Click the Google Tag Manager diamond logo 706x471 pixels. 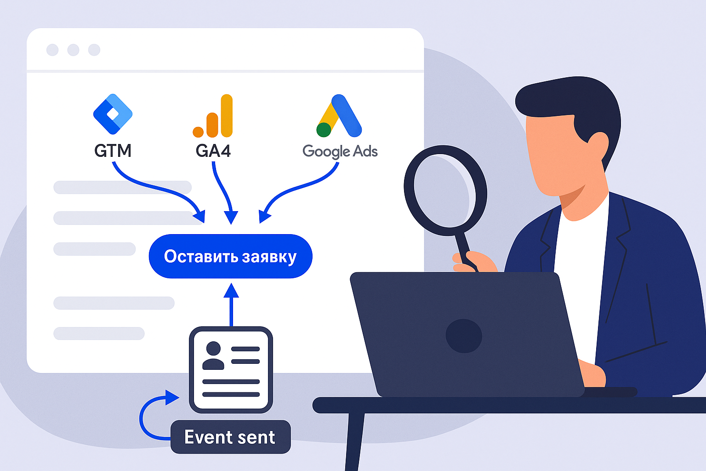(x=113, y=114)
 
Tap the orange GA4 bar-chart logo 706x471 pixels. (x=213, y=116)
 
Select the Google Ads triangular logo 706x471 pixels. (x=339, y=116)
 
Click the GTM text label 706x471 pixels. (x=113, y=151)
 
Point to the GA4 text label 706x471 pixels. (x=213, y=151)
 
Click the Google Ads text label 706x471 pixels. (x=340, y=151)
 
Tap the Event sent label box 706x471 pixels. (x=230, y=437)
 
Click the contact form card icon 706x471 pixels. (x=231, y=370)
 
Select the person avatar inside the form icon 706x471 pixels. (x=213, y=355)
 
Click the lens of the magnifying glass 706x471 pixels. (x=445, y=190)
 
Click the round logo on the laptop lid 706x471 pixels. (x=464, y=336)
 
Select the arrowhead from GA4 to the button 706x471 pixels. (x=231, y=217)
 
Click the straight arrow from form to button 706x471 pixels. (x=231, y=305)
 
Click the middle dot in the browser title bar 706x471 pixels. (x=73, y=50)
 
